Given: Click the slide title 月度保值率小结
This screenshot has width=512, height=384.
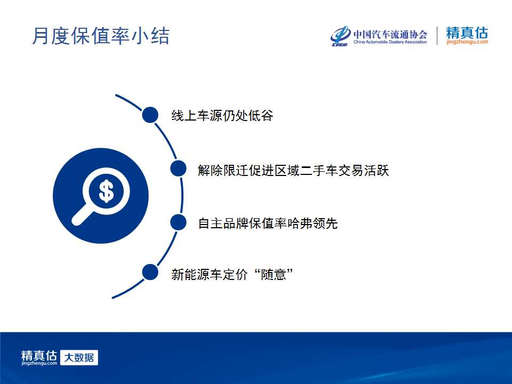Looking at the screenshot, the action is pos(101,36).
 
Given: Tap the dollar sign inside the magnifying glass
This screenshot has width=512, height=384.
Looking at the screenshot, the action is pos(106,191).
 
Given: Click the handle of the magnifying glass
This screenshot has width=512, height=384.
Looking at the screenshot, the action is pos(82,214).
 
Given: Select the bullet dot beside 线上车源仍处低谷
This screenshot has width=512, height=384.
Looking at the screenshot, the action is pos(150,115).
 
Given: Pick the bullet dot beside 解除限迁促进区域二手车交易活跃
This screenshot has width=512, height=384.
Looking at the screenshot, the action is pos(178,169).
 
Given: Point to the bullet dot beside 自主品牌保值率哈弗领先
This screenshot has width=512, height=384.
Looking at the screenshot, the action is pos(178,222).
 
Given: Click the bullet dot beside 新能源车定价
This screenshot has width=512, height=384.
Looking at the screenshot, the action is pos(150,273).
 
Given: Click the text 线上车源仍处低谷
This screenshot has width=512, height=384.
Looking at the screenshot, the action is pos(222,116).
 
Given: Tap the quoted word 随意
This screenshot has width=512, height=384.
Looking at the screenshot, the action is pos(274,274).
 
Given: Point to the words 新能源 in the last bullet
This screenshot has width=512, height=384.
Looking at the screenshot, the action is pos(190,274).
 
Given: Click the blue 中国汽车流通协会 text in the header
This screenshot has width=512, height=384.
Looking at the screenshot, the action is pos(390,34).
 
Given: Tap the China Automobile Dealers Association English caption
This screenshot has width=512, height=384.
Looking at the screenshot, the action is pos(390,42).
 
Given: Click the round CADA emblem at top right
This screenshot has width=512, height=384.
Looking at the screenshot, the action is pos(341,36).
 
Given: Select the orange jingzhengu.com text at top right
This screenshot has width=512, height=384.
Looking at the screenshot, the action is pos(467,42).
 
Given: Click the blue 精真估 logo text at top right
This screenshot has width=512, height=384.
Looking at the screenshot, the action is pos(467,33).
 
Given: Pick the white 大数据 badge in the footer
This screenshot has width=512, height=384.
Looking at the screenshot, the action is pos(79,357).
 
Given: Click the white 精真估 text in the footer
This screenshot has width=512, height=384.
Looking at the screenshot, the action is pos(39,355).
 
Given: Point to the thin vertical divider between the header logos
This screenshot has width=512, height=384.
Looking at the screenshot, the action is pos(437,36).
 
